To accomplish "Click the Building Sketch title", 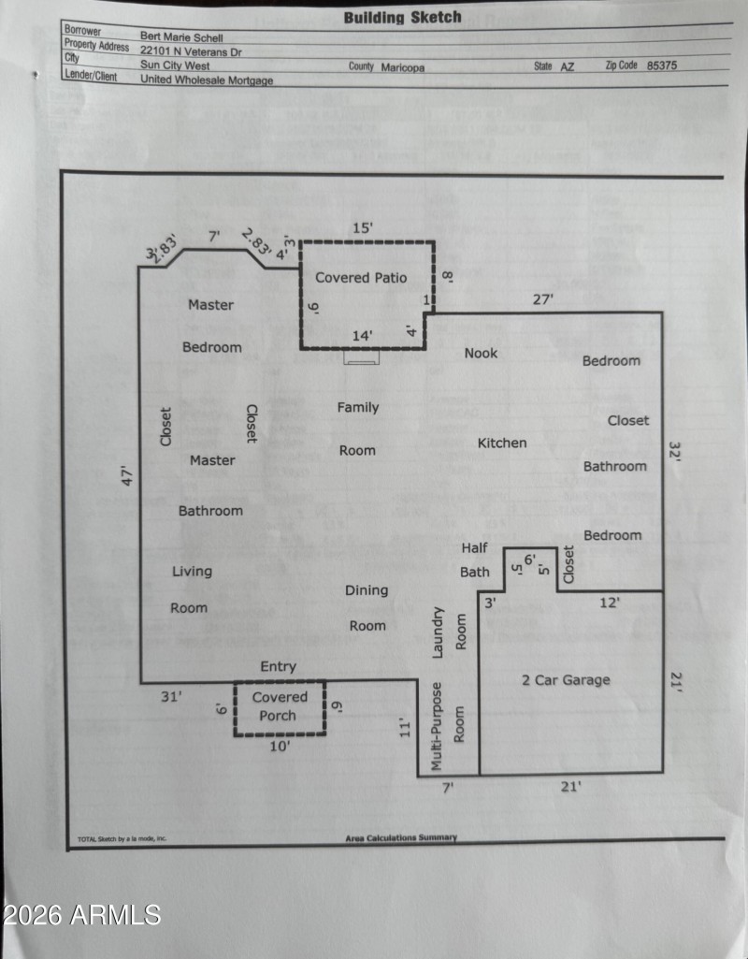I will (x=402, y=17).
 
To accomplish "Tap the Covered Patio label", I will (x=361, y=278).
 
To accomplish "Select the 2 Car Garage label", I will (x=565, y=680).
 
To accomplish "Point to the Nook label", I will (x=481, y=353).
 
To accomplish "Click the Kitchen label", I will (x=502, y=443).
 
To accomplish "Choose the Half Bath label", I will (x=475, y=559).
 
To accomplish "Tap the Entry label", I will (x=278, y=666).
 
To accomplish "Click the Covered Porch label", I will (x=280, y=706).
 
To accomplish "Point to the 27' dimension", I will (x=542, y=299).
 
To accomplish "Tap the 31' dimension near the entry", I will (x=170, y=696).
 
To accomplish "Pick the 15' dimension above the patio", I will (x=362, y=227).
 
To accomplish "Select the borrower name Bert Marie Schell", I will (x=182, y=37).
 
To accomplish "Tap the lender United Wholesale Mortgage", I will (x=207, y=80).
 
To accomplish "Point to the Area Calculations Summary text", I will (x=401, y=838).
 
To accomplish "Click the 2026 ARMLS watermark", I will (x=82, y=914).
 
